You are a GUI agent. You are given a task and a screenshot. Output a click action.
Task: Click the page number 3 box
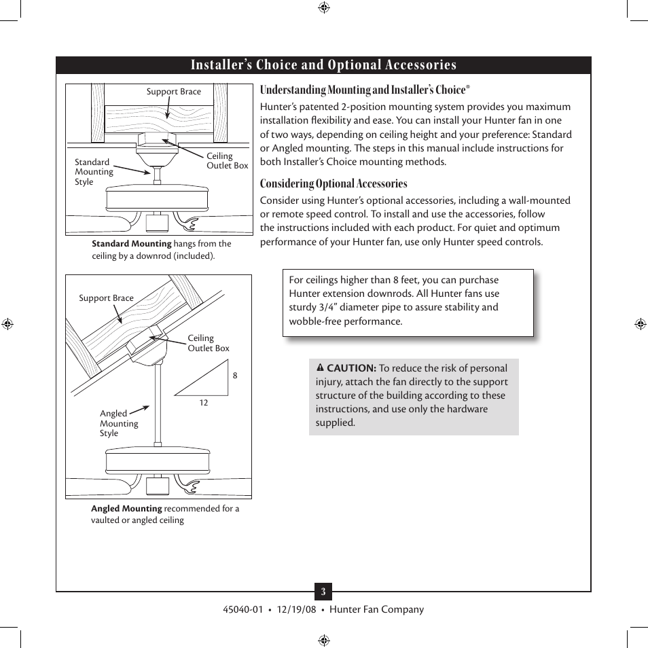pyautogui.click(x=323, y=592)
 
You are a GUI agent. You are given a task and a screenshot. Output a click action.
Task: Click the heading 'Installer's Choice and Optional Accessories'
pyautogui.click(x=323, y=65)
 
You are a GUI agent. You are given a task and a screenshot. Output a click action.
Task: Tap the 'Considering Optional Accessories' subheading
pyautogui.click(x=334, y=183)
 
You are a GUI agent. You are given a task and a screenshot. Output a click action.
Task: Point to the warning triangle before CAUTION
pyautogui.click(x=320, y=368)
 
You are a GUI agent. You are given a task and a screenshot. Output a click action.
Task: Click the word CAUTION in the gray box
pyautogui.click(x=352, y=368)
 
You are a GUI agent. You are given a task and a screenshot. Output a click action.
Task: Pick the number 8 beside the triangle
pyautogui.click(x=235, y=376)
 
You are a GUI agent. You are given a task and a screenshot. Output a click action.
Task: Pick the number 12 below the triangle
pyautogui.click(x=203, y=403)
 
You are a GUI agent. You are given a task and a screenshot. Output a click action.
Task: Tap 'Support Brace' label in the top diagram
pyautogui.click(x=174, y=92)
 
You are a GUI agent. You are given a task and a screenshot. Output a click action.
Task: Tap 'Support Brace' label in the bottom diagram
pyautogui.click(x=106, y=298)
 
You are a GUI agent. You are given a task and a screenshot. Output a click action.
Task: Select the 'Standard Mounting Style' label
pyautogui.click(x=94, y=172)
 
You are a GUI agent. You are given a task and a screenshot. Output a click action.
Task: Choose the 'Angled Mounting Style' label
pyautogui.click(x=118, y=423)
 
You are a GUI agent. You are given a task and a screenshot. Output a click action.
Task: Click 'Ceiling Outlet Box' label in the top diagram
pyautogui.click(x=227, y=161)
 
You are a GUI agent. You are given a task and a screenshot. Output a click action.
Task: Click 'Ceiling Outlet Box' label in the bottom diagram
pyautogui.click(x=208, y=343)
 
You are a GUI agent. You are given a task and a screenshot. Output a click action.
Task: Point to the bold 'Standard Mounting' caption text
pyautogui.click(x=132, y=244)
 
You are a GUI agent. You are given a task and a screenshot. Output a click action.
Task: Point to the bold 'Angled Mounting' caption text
pyautogui.click(x=126, y=509)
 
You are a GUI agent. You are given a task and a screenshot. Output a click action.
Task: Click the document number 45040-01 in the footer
pyautogui.click(x=242, y=609)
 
